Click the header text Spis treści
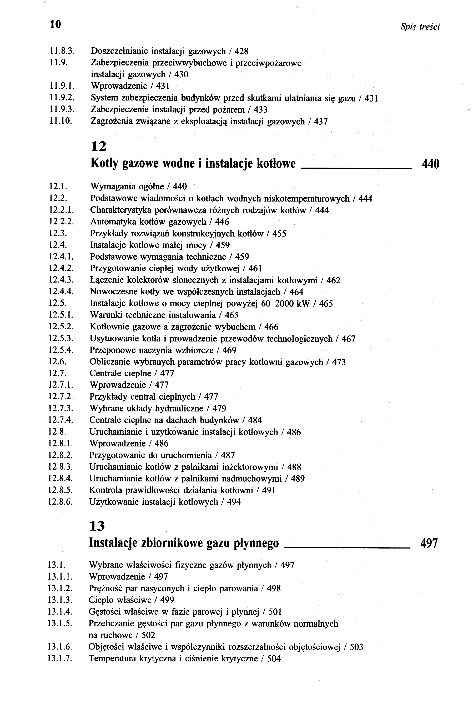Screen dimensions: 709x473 coord(420,27)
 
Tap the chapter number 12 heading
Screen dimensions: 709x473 coord(99,146)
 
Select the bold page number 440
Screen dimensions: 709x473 coord(430,164)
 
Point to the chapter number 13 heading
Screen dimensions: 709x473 coord(97,526)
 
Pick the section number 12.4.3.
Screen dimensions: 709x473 coord(61,280)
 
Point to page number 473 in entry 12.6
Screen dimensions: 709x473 coord(339,362)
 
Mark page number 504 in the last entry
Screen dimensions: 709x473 coord(274,659)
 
